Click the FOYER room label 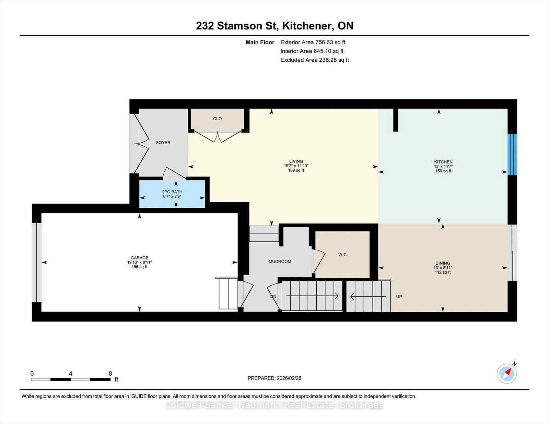163,143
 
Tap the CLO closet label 217,119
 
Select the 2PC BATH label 172,192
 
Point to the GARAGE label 139,258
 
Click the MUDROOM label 280,262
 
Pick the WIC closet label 342,255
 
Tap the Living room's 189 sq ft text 296,170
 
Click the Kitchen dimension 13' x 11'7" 443,167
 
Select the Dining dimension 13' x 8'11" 443,268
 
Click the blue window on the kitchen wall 512,155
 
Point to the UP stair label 399,296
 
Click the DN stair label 273,296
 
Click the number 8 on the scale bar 110,374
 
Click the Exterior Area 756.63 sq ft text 313,43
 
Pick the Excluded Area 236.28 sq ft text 315,60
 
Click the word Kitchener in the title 307,26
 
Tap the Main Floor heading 260,43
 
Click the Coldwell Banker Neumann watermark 274,405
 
